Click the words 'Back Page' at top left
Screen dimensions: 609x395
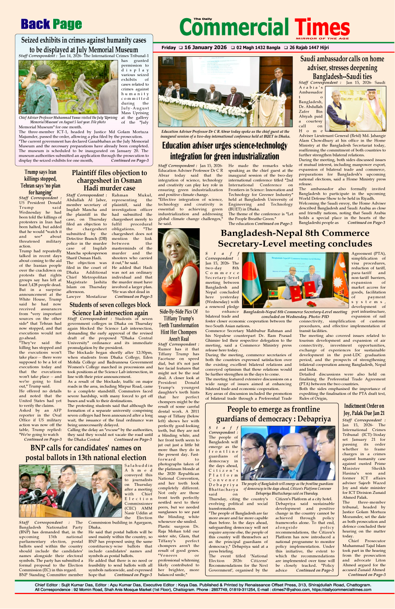pyautogui.click(x=51, y=25)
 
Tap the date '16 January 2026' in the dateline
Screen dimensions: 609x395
pyautogui.click(x=205, y=47)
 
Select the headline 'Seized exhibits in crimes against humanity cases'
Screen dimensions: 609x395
pyautogui.click(x=83, y=40)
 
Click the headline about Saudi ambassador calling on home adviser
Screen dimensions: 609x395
pyautogui.click(x=342, y=67)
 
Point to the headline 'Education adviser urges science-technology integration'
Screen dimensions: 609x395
pyautogui.click(x=225, y=151)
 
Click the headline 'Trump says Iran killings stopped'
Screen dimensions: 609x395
pyautogui.click(x=40, y=182)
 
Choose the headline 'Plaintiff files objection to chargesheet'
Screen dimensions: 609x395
pyautogui.click(x=109, y=180)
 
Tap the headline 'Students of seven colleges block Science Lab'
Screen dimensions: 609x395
pyautogui.click(x=110, y=309)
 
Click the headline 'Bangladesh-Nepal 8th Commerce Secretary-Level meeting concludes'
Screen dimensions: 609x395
pyautogui.click(x=295, y=238)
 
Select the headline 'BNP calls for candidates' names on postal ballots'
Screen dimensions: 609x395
pyautogui.click(x=86, y=452)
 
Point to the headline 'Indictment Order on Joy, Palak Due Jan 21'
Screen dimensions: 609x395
pyautogui.click(x=364, y=409)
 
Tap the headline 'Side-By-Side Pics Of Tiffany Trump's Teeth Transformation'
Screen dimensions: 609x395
pyautogui.click(x=179, y=322)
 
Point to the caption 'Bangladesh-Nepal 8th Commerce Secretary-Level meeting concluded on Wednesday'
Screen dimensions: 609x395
pyautogui.click(x=295, y=314)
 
